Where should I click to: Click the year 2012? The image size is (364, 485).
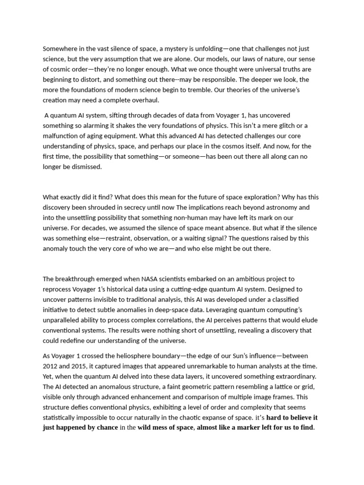[x=51, y=366]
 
